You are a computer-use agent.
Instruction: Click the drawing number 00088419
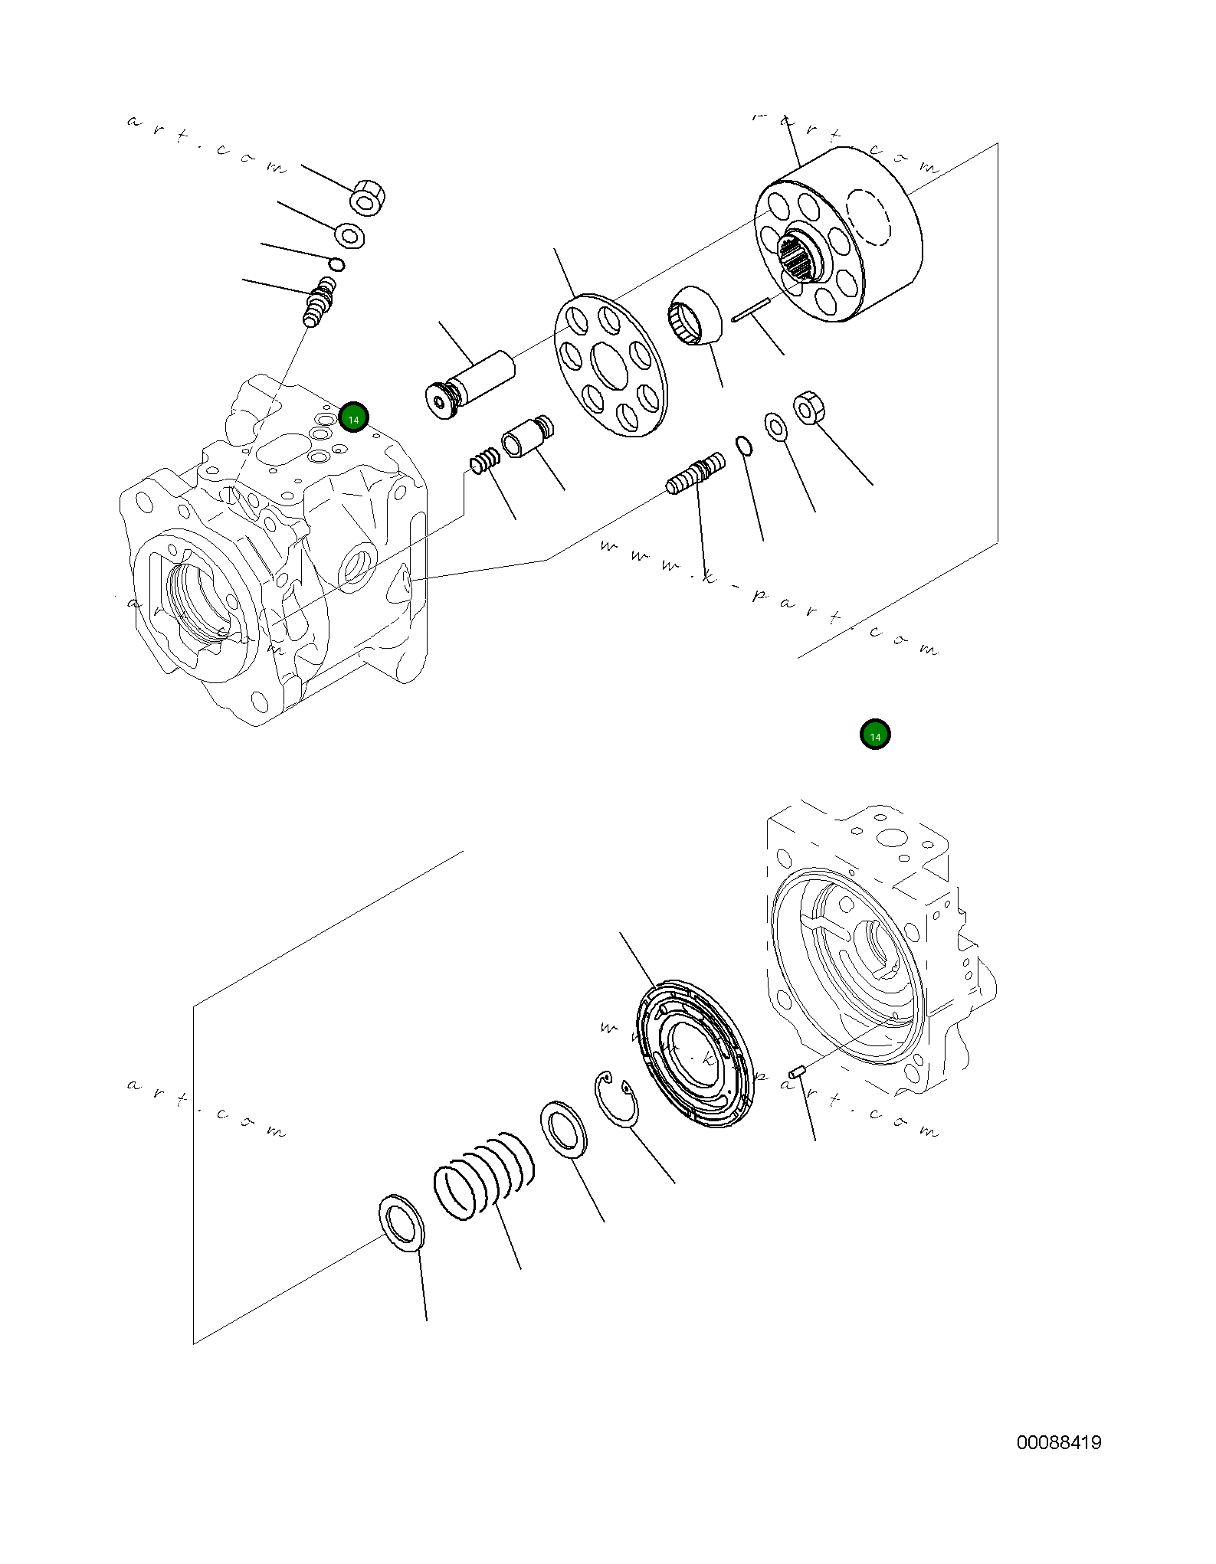point(1058,1443)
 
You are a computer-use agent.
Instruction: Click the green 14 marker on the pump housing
point(353,417)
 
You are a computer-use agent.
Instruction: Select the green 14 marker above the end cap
point(874,734)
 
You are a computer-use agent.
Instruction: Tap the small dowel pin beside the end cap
point(797,1071)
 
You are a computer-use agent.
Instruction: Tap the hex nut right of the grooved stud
point(808,407)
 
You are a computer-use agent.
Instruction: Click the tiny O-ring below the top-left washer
point(336,264)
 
